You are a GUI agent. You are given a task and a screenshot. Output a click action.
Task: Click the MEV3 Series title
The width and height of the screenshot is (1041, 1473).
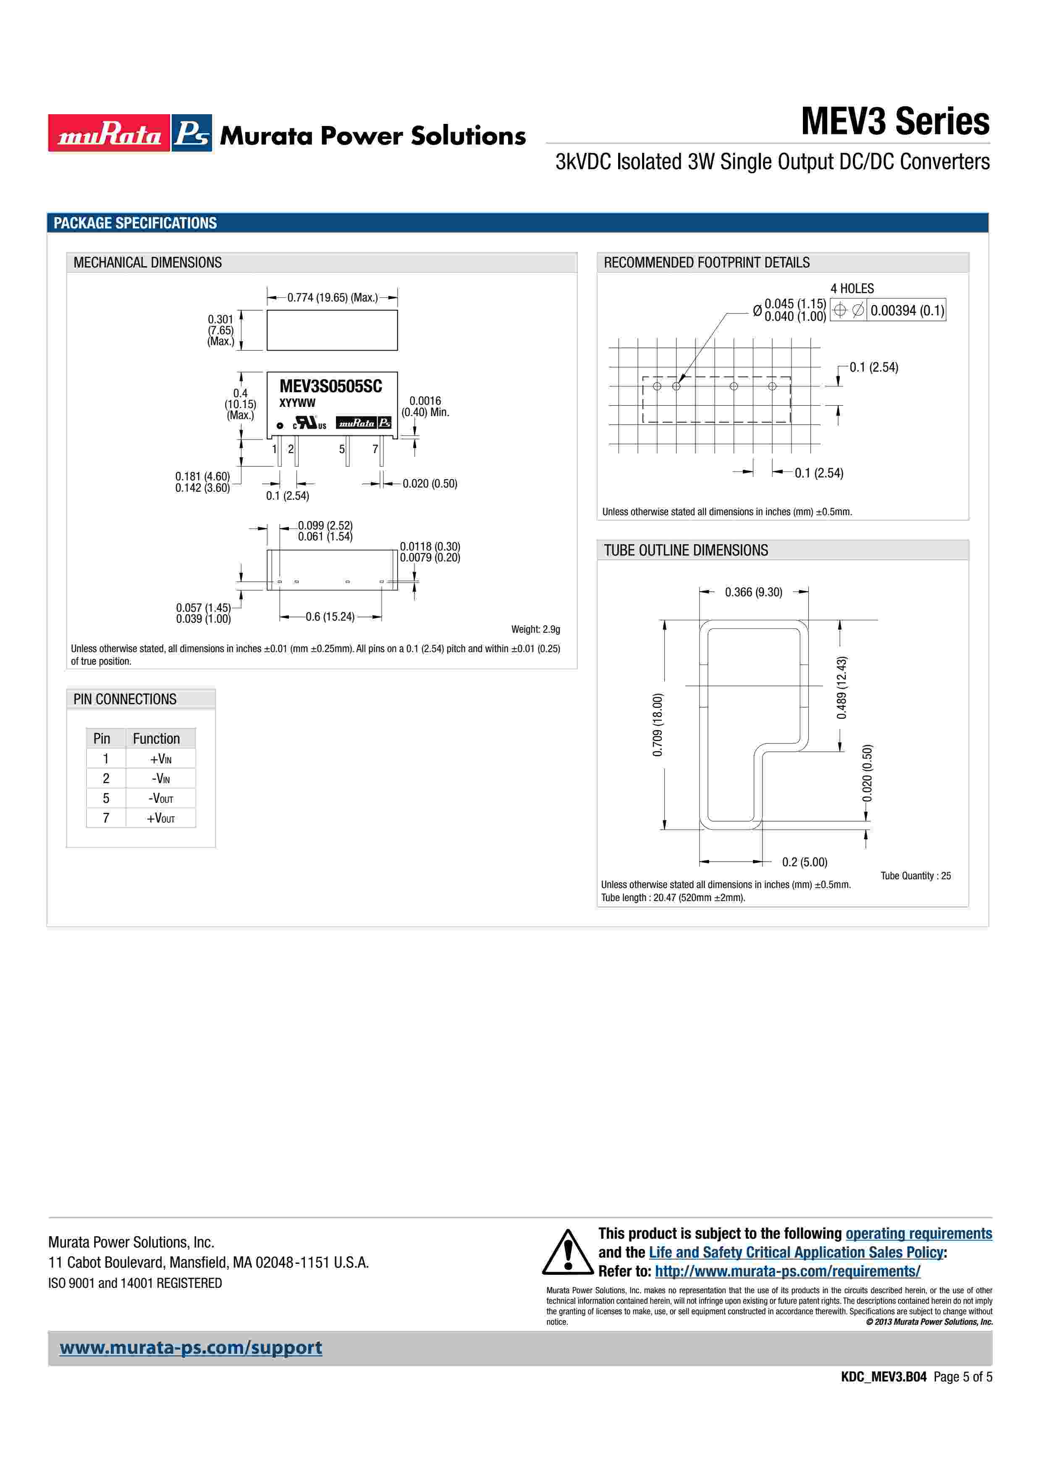point(895,121)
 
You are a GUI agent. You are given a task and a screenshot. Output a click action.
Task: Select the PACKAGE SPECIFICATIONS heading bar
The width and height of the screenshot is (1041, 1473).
point(517,223)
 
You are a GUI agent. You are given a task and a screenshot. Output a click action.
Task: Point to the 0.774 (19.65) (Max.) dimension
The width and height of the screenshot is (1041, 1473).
point(332,298)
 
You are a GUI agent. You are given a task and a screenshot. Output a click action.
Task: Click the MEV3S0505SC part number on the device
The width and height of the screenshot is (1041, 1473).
point(330,386)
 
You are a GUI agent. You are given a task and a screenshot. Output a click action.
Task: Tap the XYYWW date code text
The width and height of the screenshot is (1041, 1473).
point(297,403)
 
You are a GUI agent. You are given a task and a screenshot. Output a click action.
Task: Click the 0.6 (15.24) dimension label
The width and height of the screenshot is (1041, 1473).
point(330,616)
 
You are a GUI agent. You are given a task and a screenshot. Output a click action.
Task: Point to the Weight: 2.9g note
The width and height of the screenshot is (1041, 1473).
point(535,629)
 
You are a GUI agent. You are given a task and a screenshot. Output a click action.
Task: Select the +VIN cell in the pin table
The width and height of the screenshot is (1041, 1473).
point(160,759)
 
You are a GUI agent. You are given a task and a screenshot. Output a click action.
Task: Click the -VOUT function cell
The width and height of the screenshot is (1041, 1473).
point(160,799)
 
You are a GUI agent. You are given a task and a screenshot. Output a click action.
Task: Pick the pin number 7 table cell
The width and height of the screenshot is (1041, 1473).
point(106,818)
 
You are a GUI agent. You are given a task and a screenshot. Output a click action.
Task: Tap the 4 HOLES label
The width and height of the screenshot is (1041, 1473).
point(852,289)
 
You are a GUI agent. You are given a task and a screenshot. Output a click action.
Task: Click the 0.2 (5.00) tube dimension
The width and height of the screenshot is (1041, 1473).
point(804,862)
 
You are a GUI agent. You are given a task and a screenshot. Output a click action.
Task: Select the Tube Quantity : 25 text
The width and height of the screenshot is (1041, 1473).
point(915,876)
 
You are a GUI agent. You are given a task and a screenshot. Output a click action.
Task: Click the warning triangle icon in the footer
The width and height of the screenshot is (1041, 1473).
point(568,1252)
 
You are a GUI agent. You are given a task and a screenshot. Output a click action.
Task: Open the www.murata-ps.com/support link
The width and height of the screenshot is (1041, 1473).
point(191,1348)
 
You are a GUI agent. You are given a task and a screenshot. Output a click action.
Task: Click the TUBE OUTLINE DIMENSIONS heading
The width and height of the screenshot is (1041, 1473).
point(686,550)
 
